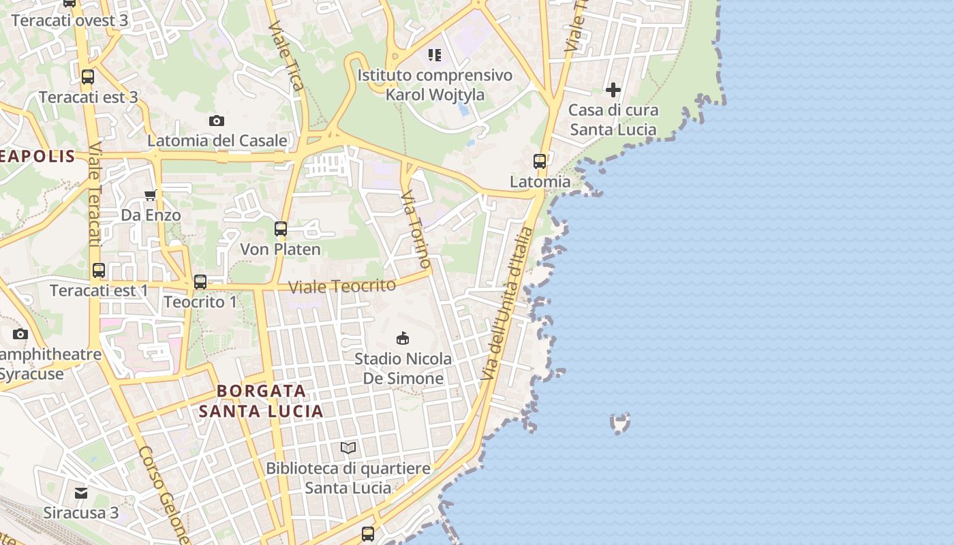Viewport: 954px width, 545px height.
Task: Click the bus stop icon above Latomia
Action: coord(540,161)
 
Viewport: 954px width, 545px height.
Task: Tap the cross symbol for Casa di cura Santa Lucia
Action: coord(613,89)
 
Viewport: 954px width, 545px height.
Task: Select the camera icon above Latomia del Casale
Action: coord(217,121)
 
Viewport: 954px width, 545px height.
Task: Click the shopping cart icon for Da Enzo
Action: coord(151,196)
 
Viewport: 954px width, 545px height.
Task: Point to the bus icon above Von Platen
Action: coord(281,229)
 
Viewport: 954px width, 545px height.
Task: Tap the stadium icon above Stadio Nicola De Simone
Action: coord(403,338)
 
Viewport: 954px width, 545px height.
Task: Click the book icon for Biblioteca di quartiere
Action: coord(348,448)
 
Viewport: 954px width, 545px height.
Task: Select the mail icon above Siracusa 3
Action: coord(81,493)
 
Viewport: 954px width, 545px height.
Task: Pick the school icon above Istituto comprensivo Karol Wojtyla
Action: coord(435,54)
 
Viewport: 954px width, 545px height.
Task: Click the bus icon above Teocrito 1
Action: coord(200,281)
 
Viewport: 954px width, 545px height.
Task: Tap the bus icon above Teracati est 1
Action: coord(99,270)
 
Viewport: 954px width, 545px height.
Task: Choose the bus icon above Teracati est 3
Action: coord(88,77)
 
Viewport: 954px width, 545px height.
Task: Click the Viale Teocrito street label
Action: coord(342,286)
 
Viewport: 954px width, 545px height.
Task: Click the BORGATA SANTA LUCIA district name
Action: coord(261,401)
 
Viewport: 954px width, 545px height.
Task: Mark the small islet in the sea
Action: coord(619,423)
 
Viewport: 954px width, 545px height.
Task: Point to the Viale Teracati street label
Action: coord(94,194)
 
